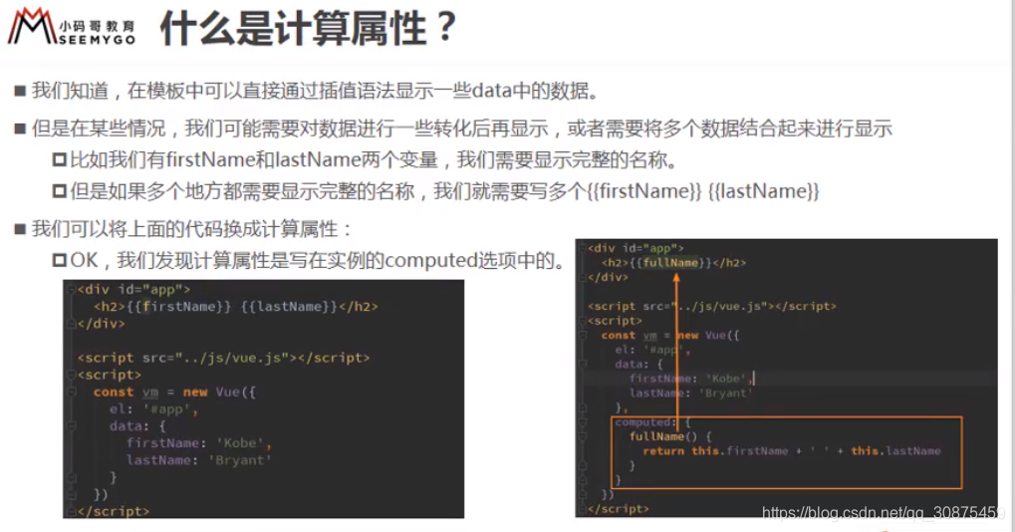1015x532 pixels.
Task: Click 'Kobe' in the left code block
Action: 242,443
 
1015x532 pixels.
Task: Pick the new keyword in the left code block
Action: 195,392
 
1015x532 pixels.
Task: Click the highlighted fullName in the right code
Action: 671,263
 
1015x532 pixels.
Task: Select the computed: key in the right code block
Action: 644,422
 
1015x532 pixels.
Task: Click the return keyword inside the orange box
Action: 662,450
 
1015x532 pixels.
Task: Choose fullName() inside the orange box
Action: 656,436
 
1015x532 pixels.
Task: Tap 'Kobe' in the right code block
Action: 728,379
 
